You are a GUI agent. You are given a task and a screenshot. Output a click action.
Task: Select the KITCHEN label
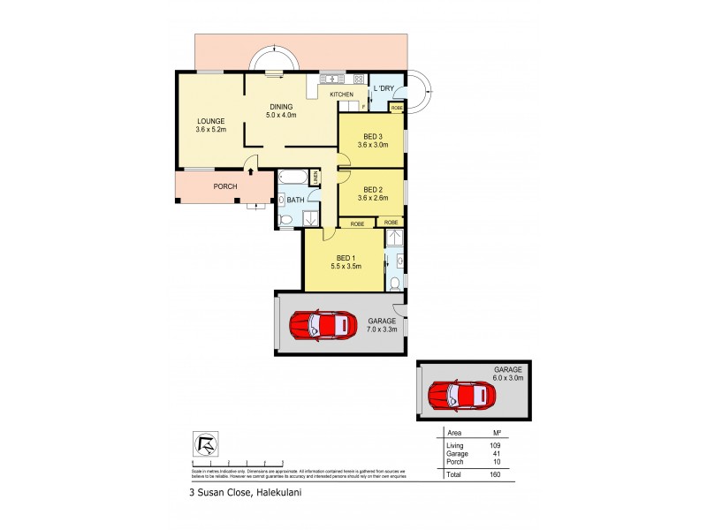tap(341, 95)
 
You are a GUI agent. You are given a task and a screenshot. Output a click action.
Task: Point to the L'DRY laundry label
tap(384, 89)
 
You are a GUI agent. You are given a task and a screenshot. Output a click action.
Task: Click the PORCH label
tap(226, 187)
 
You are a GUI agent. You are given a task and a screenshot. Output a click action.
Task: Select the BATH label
tap(295, 201)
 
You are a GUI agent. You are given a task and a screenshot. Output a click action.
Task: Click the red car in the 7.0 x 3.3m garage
tap(319, 326)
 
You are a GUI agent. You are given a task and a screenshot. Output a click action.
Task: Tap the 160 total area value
tap(496, 474)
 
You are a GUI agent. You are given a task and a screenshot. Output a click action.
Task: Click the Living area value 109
tap(496, 445)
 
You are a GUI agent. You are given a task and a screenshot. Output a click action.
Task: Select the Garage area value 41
tap(496, 453)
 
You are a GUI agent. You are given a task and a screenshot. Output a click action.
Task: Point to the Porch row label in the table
tap(454, 461)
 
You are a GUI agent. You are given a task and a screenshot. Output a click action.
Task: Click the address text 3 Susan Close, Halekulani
tap(251, 494)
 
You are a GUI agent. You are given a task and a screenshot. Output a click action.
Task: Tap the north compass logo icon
tap(204, 444)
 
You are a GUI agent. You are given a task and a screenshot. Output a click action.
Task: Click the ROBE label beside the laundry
tap(397, 107)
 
